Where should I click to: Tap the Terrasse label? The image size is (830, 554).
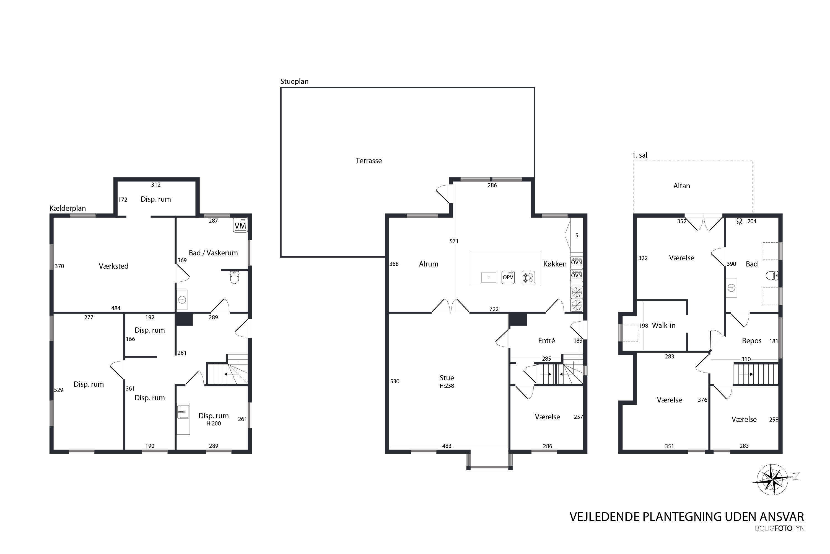tap(369, 161)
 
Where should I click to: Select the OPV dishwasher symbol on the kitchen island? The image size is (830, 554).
tap(508, 277)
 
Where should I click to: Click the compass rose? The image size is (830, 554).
tap(772, 479)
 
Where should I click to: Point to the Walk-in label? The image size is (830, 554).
tap(663, 325)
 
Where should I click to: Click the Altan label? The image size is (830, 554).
tap(681, 186)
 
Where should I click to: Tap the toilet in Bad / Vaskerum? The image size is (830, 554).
tap(234, 277)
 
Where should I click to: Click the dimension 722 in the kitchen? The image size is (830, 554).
tap(494, 309)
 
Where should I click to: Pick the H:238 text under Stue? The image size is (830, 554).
tap(447, 386)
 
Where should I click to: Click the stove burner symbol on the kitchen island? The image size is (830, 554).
tap(528, 277)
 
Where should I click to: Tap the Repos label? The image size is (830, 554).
tap(751, 341)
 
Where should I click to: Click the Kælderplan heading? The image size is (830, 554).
tap(68, 209)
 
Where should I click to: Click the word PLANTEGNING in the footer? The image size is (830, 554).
tap(682, 517)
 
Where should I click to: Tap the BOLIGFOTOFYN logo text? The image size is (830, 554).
tap(780, 528)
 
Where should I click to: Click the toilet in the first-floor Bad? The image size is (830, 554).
tap(772, 275)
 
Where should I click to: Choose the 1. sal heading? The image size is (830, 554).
tap(639, 155)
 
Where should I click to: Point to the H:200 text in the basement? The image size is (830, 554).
tap(214, 424)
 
